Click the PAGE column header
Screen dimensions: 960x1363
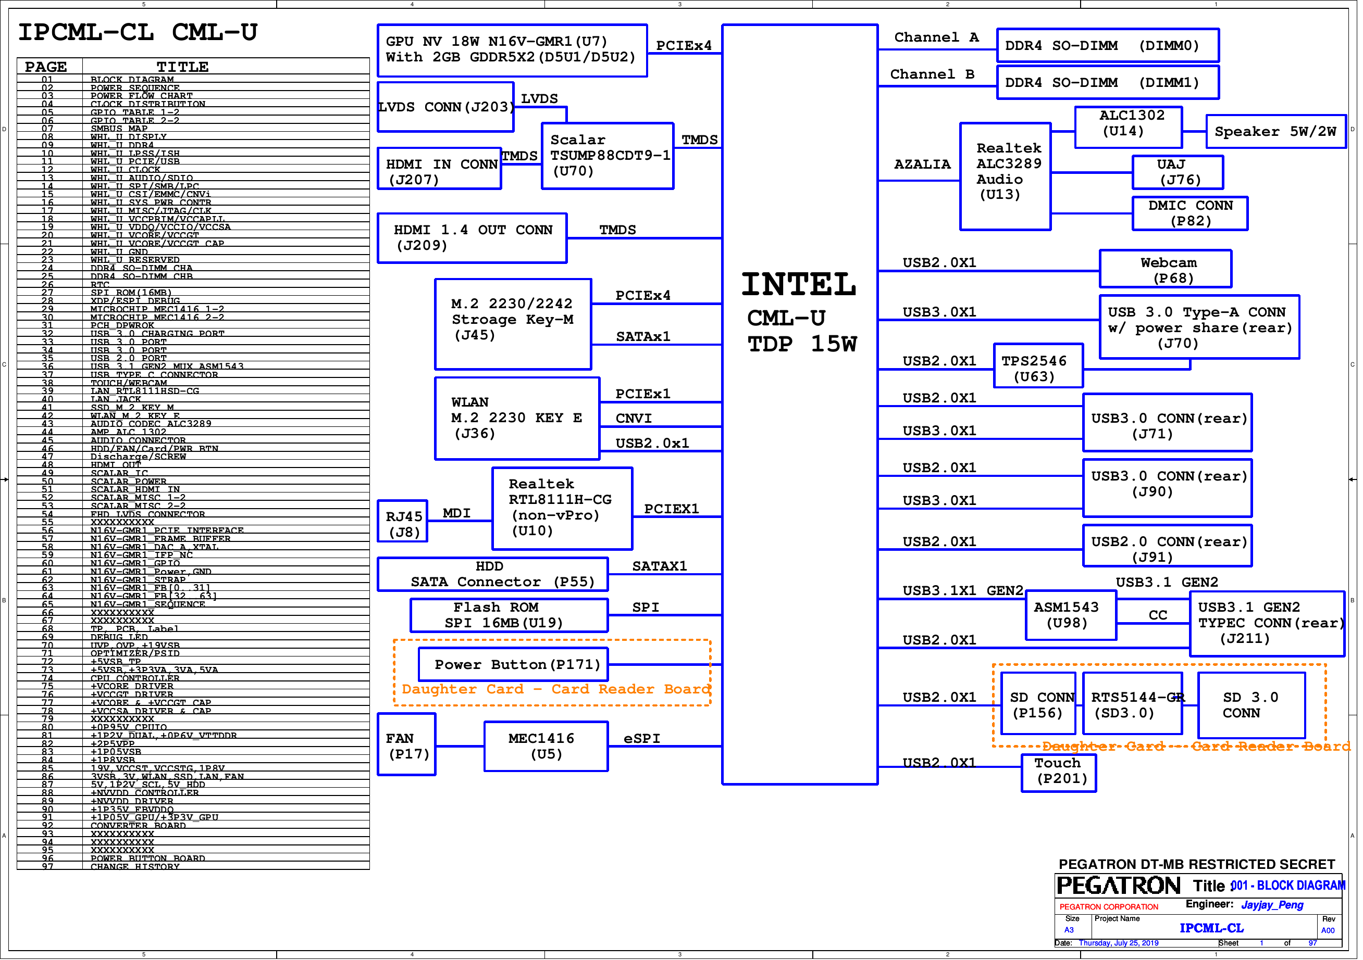point(46,67)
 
